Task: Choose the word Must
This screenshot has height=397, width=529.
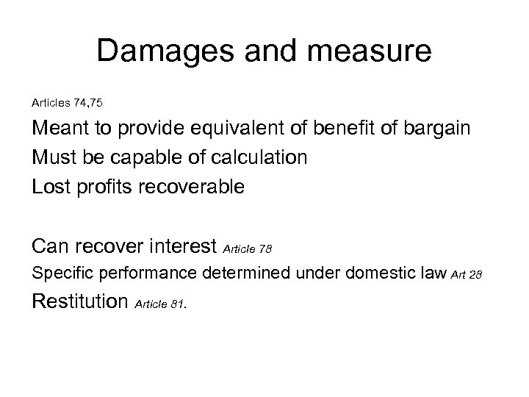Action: [x=54, y=158]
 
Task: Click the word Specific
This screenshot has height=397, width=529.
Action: [x=62, y=275]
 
